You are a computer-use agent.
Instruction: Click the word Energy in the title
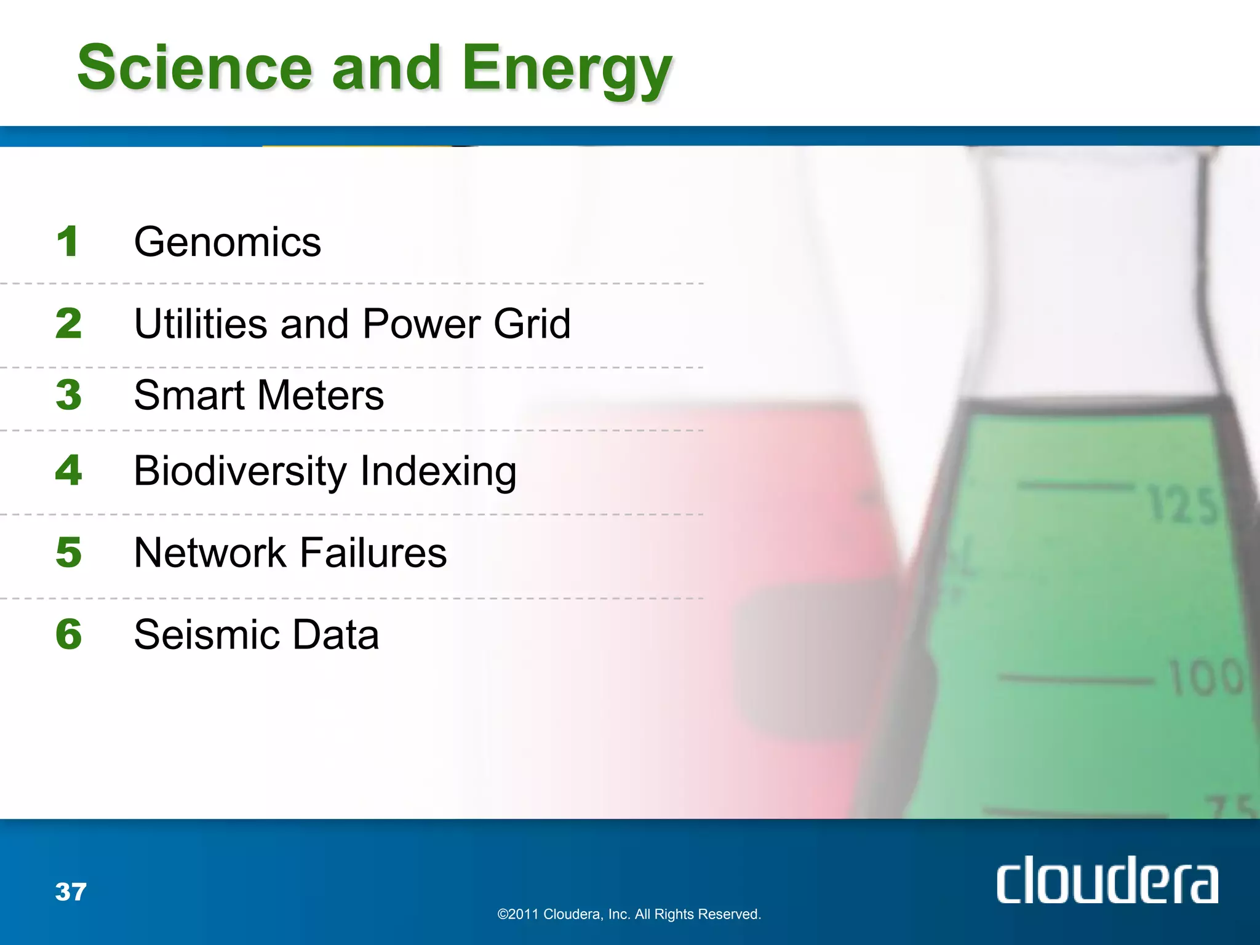point(566,69)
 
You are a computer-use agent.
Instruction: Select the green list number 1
point(68,241)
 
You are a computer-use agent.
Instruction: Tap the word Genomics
point(228,242)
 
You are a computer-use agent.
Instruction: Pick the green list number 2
point(68,324)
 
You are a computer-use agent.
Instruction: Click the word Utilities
point(201,324)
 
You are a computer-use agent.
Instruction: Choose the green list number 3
point(68,394)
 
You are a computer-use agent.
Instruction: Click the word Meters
point(321,395)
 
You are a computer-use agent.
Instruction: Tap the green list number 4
point(68,470)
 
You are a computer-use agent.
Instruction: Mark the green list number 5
point(68,552)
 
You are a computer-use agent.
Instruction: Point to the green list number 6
point(68,634)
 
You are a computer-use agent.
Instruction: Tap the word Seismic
point(204,634)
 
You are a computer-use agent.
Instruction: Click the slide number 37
point(71,891)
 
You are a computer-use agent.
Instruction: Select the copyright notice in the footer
point(629,914)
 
